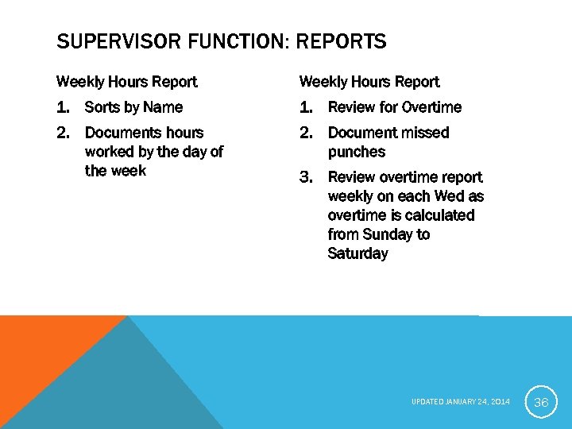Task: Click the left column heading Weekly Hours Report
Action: coord(126,82)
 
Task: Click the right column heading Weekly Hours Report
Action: coord(369,82)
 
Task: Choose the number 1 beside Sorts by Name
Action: coord(62,107)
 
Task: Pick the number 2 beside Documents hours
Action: coord(62,133)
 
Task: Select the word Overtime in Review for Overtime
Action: coord(431,107)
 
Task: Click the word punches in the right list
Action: coord(356,152)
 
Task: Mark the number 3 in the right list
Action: coord(306,177)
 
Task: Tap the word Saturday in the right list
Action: coord(357,253)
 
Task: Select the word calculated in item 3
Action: coord(437,215)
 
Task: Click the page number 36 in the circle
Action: coord(541,402)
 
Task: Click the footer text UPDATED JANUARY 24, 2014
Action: coord(462,402)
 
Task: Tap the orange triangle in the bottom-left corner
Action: coord(40,350)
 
